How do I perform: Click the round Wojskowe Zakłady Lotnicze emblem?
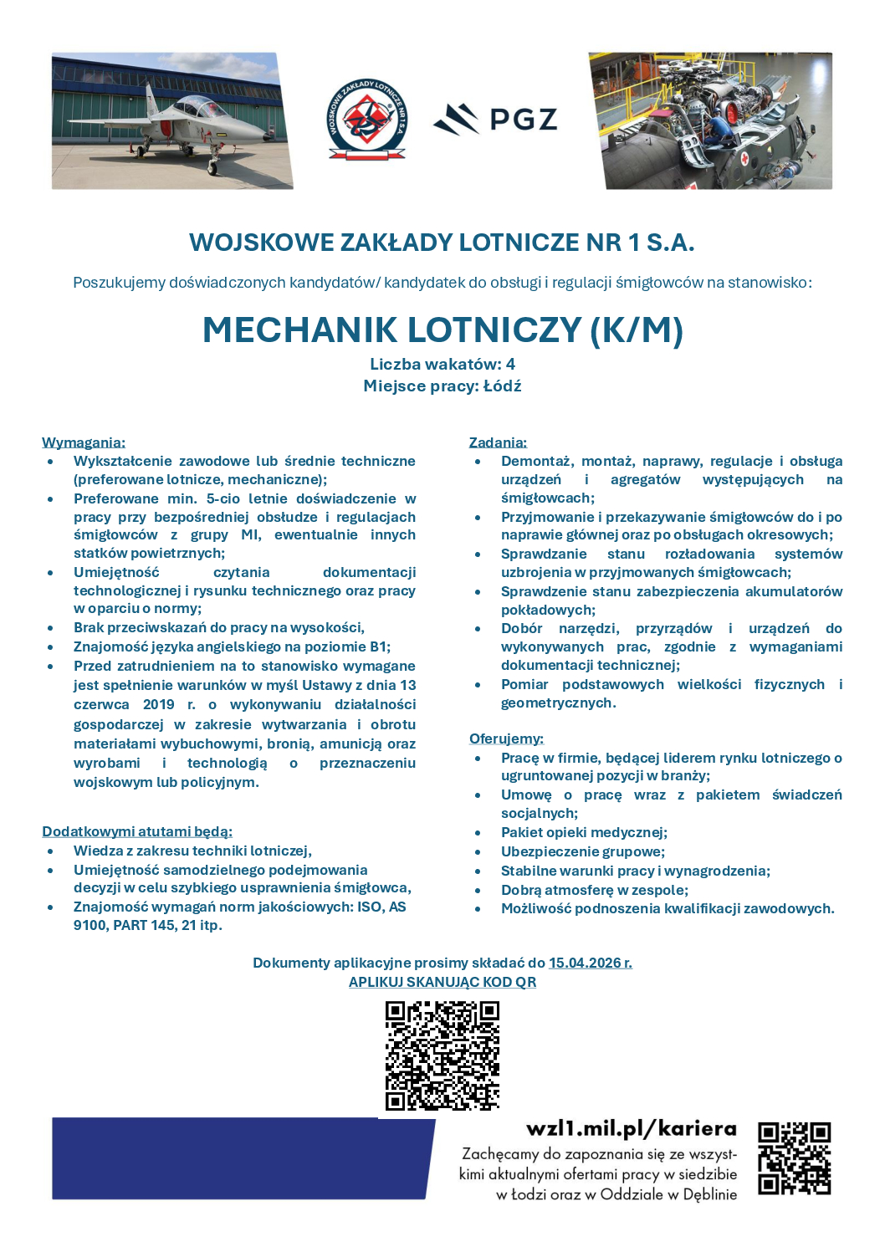point(366,120)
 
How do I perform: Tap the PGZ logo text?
point(523,120)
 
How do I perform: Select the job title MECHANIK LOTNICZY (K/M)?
point(442,330)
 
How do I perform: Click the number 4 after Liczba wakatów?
point(510,364)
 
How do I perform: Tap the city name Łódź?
point(502,386)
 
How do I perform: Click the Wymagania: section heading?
point(84,442)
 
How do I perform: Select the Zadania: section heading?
point(498,442)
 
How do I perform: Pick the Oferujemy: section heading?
point(506,738)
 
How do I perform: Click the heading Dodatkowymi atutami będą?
point(137,831)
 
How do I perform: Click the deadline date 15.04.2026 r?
point(591,963)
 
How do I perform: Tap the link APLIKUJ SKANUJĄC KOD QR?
point(442,982)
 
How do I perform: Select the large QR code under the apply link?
point(442,1055)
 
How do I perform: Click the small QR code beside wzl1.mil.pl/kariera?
point(794,1158)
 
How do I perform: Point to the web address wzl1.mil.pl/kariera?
point(632,1129)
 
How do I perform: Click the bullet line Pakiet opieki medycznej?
point(584,832)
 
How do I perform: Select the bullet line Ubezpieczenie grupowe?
point(583,851)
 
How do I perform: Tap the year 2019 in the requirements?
point(159,704)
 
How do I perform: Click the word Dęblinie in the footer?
point(710,1194)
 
